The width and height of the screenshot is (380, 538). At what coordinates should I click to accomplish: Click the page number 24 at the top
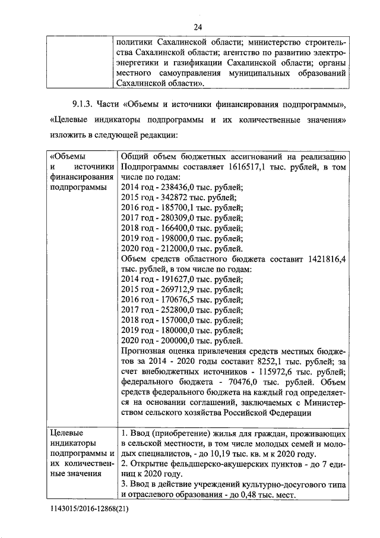[197, 27]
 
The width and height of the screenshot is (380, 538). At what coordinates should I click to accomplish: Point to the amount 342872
[171, 197]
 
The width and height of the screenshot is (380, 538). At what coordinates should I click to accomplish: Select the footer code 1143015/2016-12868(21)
[90, 510]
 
